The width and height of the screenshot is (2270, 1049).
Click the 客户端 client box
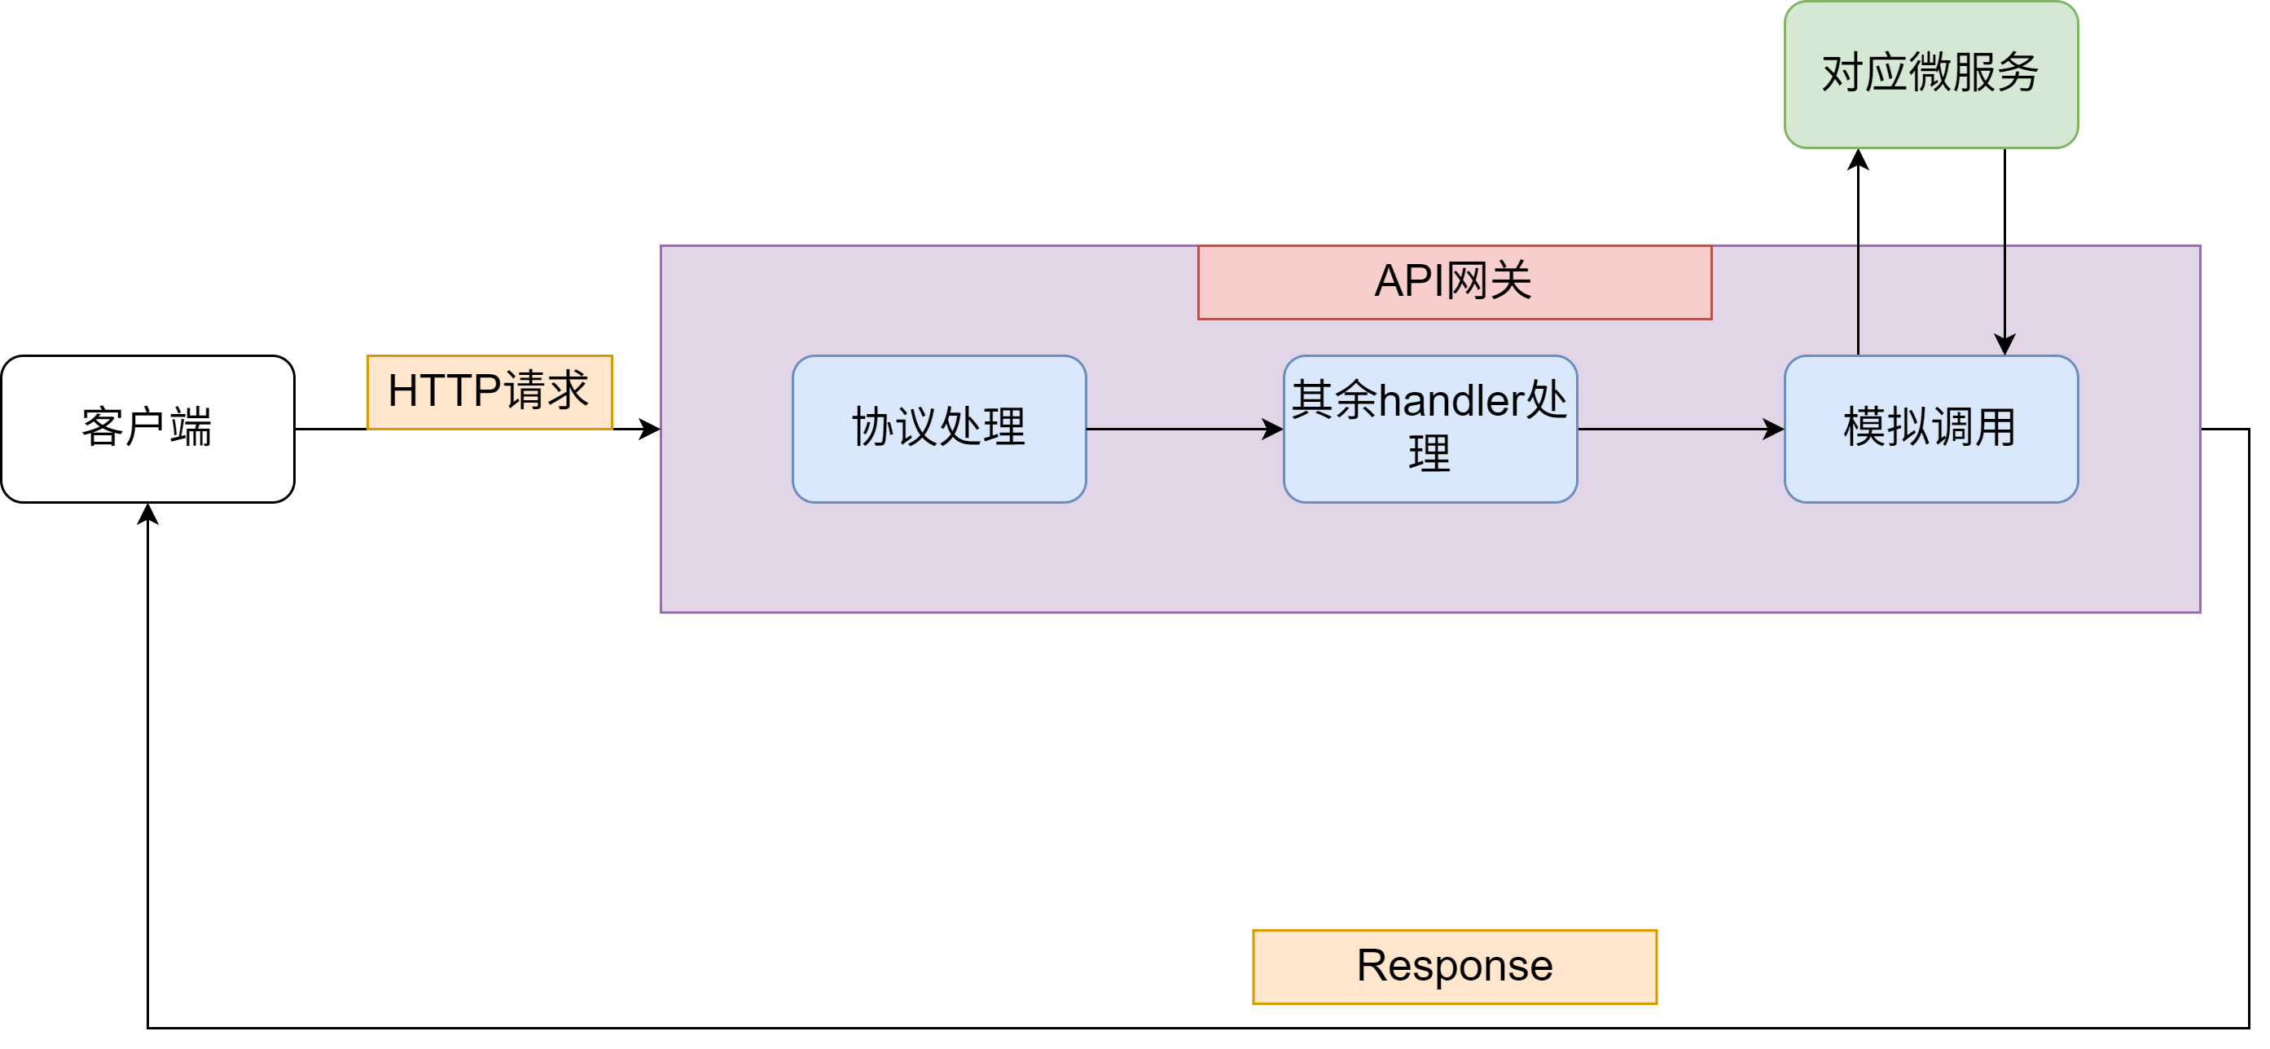(x=148, y=430)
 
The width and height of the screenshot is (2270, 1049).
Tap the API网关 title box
(x=1455, y=282)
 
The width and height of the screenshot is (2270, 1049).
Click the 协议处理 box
(x=939, y=430)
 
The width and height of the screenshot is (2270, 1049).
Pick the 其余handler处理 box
(x=1430, y=430)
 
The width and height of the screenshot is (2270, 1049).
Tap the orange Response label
(x=1455, y=967)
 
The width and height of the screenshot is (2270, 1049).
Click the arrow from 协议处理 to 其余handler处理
(x=1185, y=430)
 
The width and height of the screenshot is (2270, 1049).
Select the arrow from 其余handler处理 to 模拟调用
(x=1681, y=430)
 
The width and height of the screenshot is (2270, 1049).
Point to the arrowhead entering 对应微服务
(x=1859, y=159)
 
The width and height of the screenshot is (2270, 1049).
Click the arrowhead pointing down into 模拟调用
(x=2004, y=345)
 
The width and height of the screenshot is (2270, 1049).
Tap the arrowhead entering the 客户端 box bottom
(x=148, y=514)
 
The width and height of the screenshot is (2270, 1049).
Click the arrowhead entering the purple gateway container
(x=649, y=430)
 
